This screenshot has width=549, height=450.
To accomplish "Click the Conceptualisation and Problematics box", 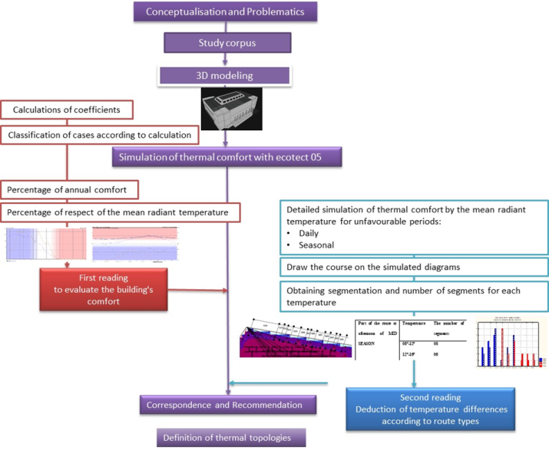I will (225, 12).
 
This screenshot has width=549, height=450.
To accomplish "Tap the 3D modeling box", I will (224, 75).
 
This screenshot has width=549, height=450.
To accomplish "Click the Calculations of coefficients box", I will (67, 110).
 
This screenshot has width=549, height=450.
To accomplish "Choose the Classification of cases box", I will (99, 136).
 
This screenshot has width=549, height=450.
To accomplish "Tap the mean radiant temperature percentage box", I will (120, 211).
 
